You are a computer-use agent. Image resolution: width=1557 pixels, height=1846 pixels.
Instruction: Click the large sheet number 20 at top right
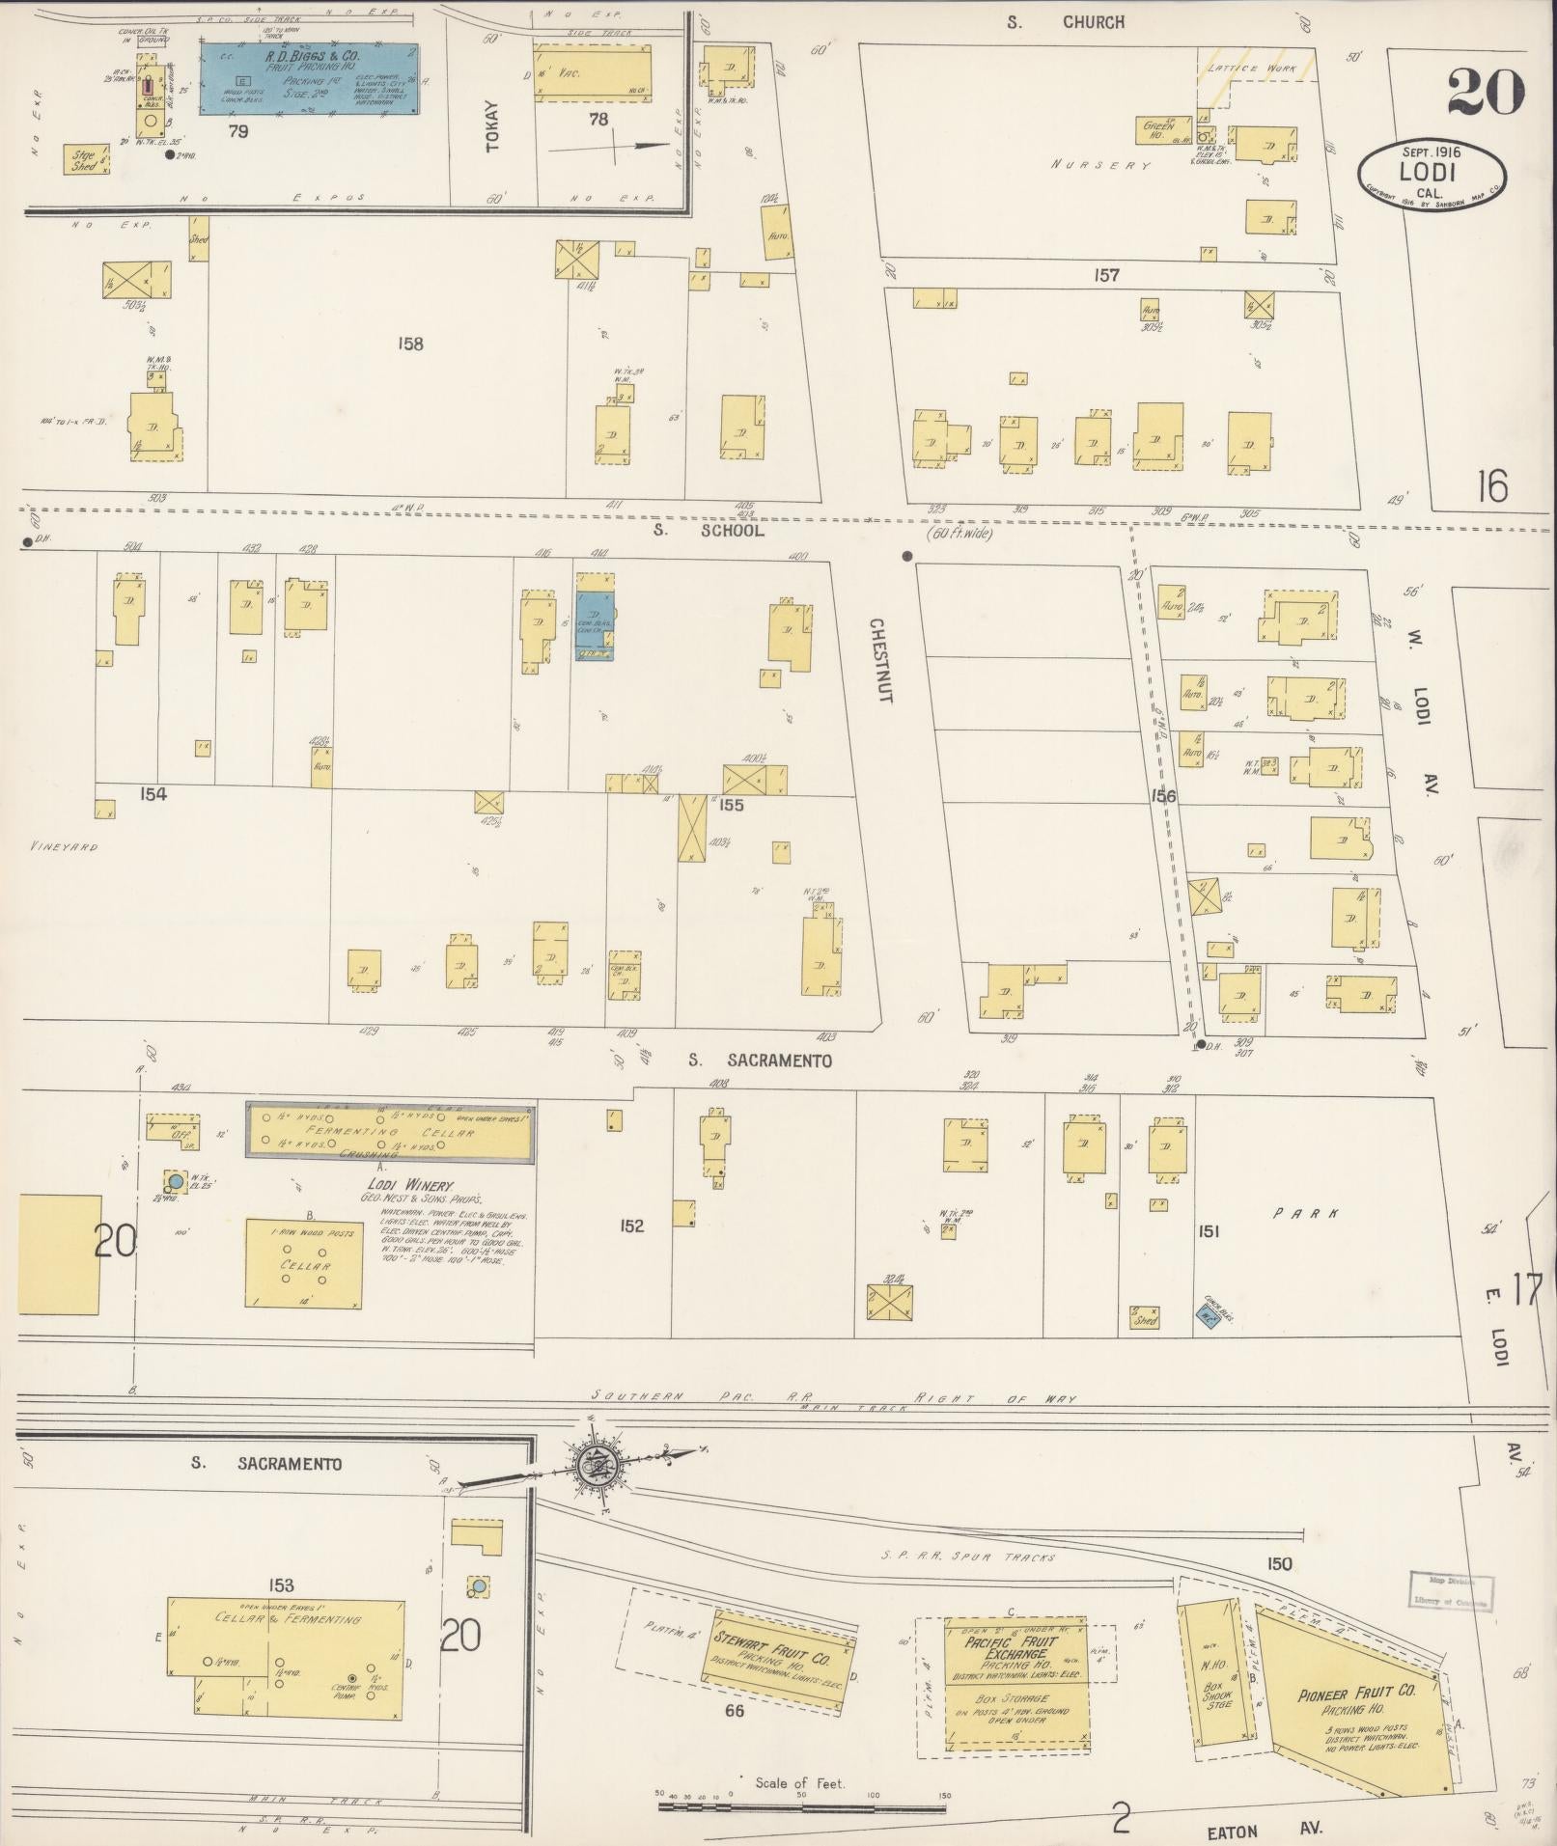[x=1485, y=92]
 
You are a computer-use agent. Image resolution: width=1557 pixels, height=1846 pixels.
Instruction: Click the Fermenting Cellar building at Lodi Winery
[x=391, y=1132]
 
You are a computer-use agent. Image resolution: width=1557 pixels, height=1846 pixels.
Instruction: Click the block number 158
[x=410, y=344]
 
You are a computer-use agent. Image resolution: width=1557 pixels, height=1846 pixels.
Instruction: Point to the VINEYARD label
[x=59, y=846]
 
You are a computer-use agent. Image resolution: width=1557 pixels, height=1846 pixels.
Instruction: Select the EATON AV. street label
[x=1264, y=1829]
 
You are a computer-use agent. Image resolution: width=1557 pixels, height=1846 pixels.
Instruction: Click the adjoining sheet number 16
[x=1491, y=486]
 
